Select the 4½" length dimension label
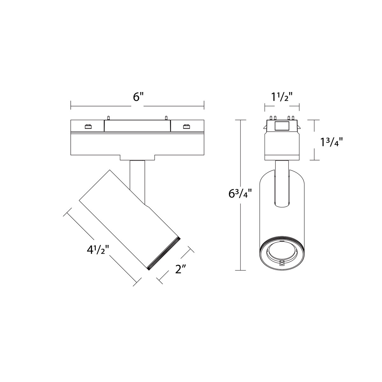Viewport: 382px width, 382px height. (98, 250)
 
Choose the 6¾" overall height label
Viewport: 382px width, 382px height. (238, 194)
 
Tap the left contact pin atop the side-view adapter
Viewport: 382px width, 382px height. (109, 118)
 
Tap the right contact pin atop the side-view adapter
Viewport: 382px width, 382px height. (166, 118)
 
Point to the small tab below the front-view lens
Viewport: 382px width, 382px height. (281, 263)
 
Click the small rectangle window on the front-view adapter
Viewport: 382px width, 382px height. (281, 126)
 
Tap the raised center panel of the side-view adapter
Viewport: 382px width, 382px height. (137, 126)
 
